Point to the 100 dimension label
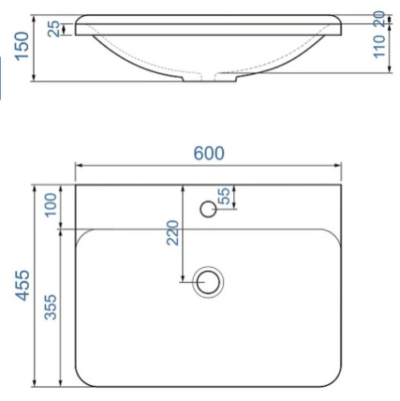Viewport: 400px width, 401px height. [51, 205]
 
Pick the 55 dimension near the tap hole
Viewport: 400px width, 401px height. [224, 195]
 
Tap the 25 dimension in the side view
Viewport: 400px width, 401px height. [53, 29]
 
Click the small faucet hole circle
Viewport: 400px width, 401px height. [208, 210]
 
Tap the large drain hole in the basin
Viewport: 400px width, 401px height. [210, 282]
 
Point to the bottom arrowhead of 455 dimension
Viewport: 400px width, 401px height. [35, 383]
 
